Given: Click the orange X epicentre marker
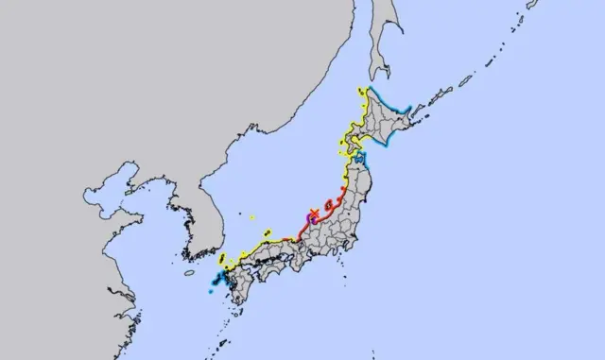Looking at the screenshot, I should click(313, 214).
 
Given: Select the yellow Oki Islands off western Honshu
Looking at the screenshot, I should click(266, 230).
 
